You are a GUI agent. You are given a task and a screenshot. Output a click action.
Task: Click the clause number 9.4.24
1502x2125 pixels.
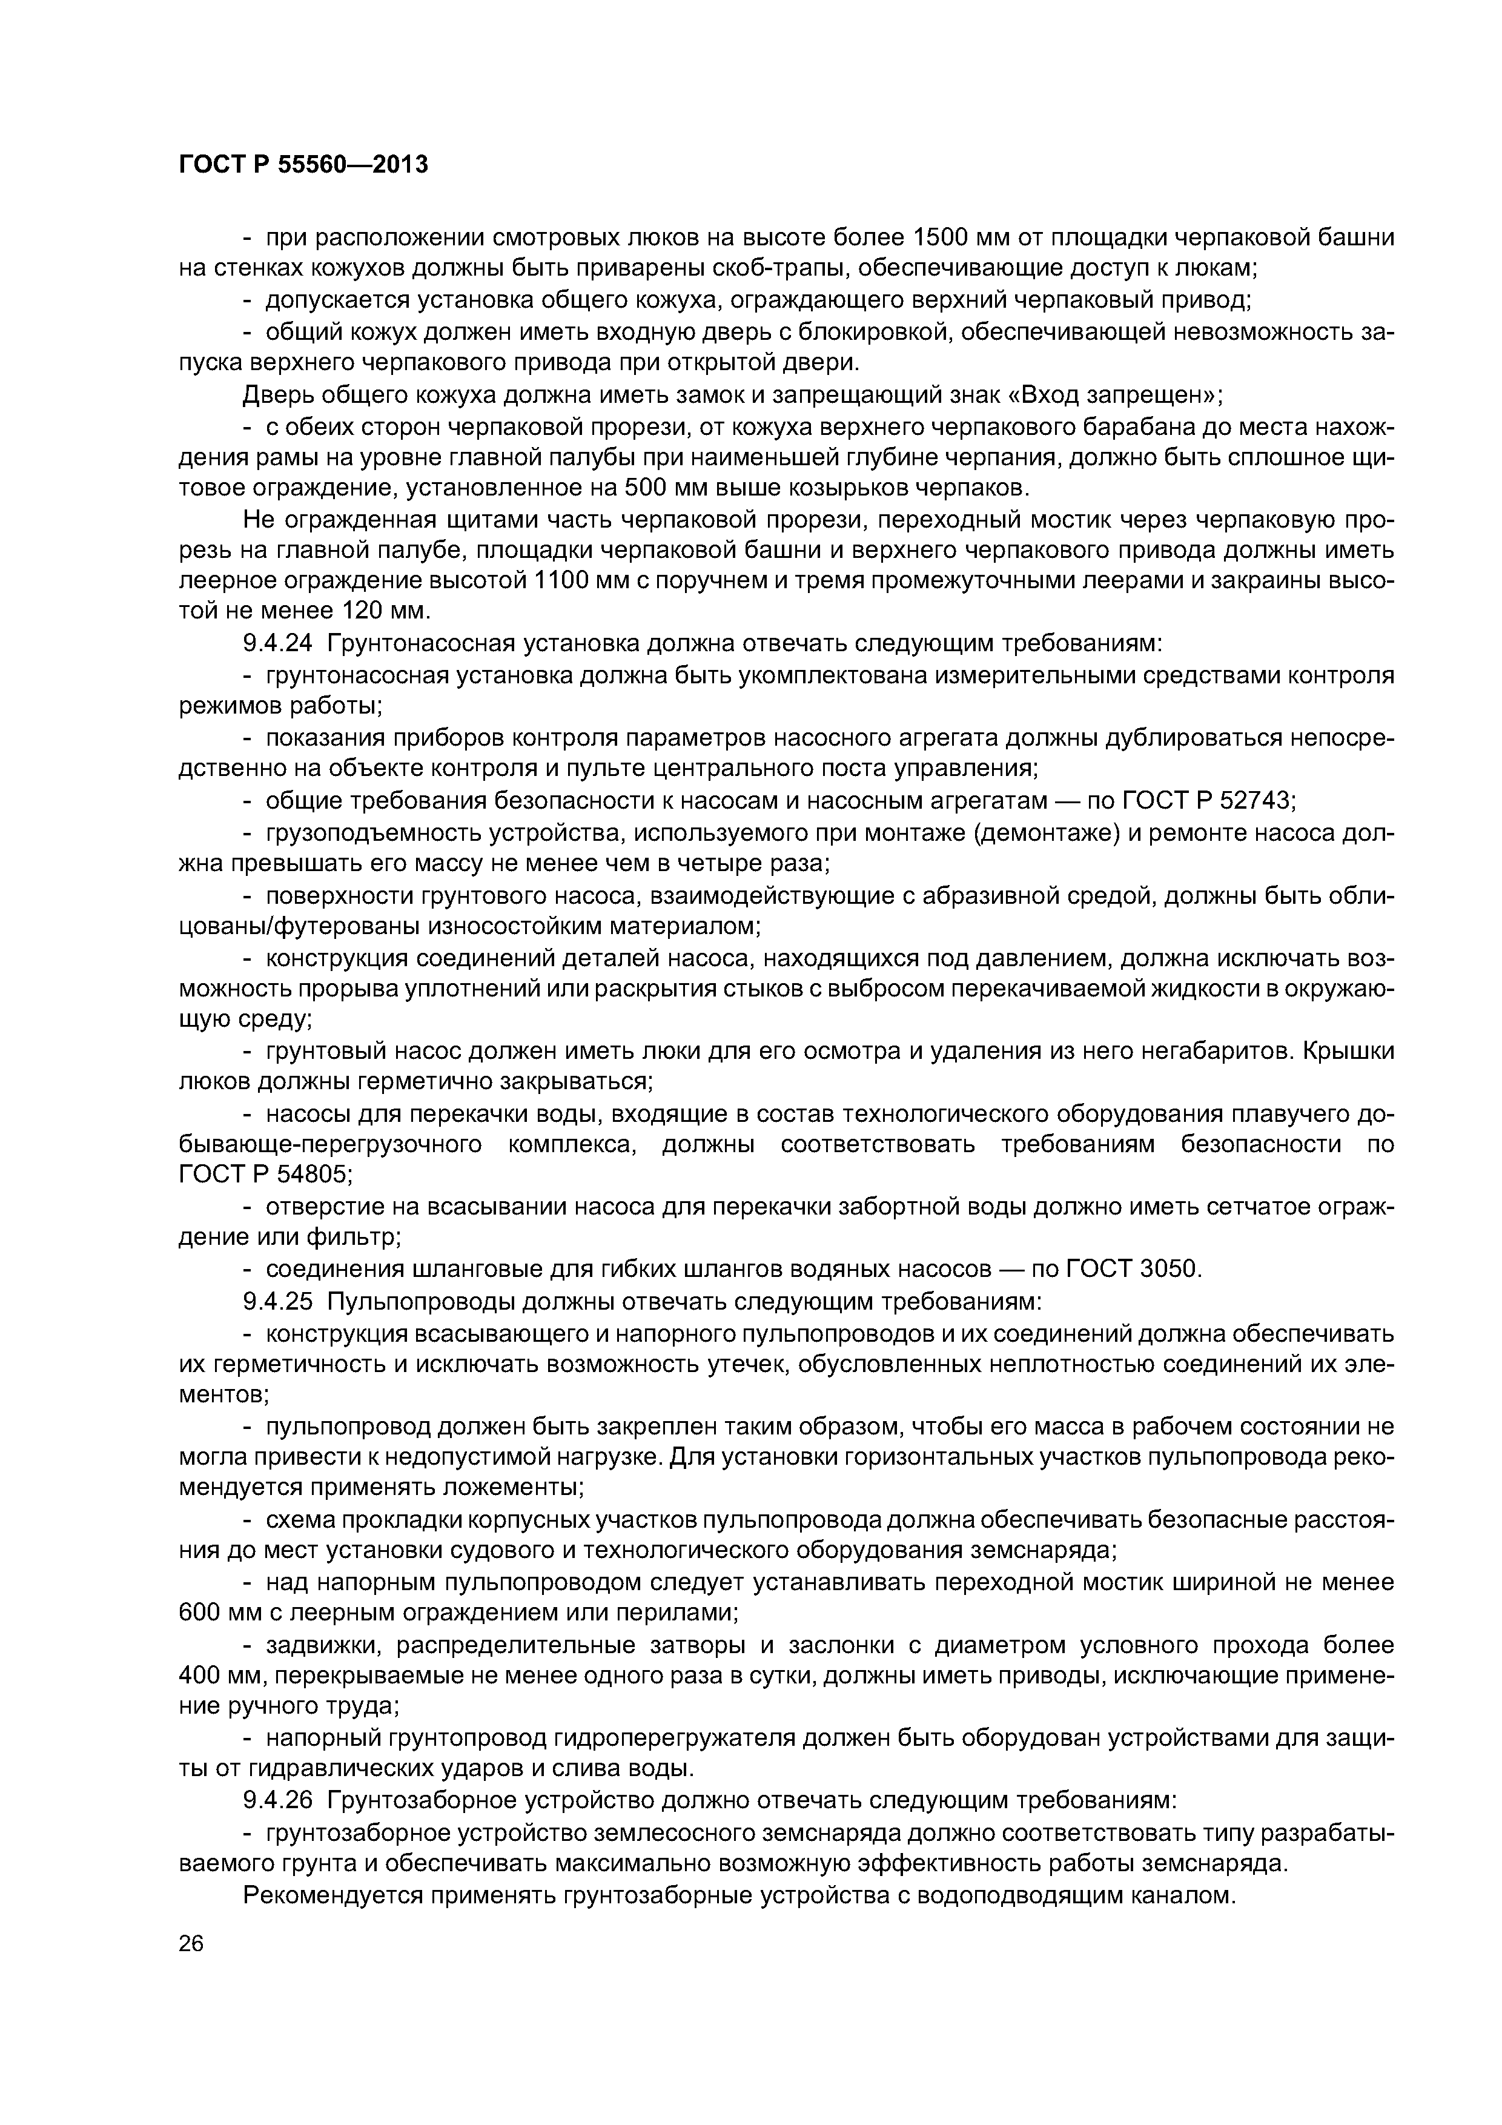pos(277,643)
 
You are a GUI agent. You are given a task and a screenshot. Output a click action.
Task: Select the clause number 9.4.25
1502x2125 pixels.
pos(277,1301)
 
